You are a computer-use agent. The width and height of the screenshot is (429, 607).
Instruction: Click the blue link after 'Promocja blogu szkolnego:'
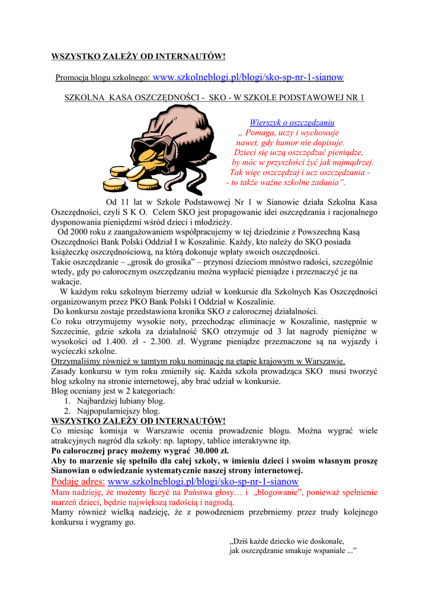pos(248,77)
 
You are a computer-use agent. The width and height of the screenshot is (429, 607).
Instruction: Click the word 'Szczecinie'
pos(71,331)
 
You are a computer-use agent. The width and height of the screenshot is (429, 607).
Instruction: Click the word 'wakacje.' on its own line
pos(66,282)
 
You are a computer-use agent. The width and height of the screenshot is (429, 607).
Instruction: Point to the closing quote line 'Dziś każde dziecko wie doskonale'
pos(287,541)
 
